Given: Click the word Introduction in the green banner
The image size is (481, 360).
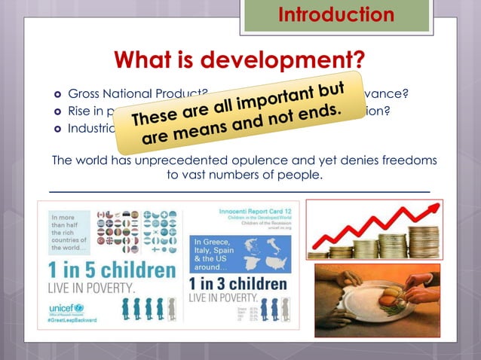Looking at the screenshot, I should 335,14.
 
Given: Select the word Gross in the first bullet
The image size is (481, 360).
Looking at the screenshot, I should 84,94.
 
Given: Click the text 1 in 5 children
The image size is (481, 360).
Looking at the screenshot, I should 112,270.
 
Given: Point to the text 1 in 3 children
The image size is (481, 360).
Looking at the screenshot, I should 237,284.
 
